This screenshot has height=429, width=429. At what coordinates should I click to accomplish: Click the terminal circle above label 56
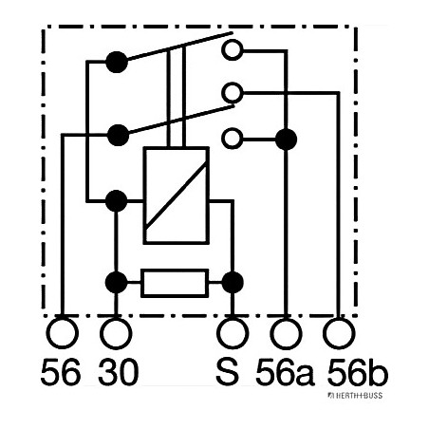[x=62, y=333]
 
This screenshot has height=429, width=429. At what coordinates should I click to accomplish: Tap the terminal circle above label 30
[x=116, y=333]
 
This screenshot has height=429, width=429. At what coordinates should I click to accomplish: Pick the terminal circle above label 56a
[x=286, y=333]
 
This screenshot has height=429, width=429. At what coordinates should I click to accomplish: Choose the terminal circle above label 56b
[x=337, y=333]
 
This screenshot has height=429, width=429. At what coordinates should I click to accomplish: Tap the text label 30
[x=116, y=372]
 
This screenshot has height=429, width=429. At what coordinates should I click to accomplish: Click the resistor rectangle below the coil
[x=174, y=282]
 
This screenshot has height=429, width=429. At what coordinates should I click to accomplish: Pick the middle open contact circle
[x=231, y=92]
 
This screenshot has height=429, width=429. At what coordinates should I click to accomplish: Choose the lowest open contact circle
[x=231, y=139]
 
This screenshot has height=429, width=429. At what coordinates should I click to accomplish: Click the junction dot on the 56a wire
[x=286, y=139]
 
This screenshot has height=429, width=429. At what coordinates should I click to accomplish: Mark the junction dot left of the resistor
[x=116, y=282]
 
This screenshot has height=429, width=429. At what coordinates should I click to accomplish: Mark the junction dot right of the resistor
[x=233, y=282]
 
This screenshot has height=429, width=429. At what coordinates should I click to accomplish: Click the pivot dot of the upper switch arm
[x=116, y=64]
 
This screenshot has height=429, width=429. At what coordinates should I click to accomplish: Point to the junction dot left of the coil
[x=116, y=200]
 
